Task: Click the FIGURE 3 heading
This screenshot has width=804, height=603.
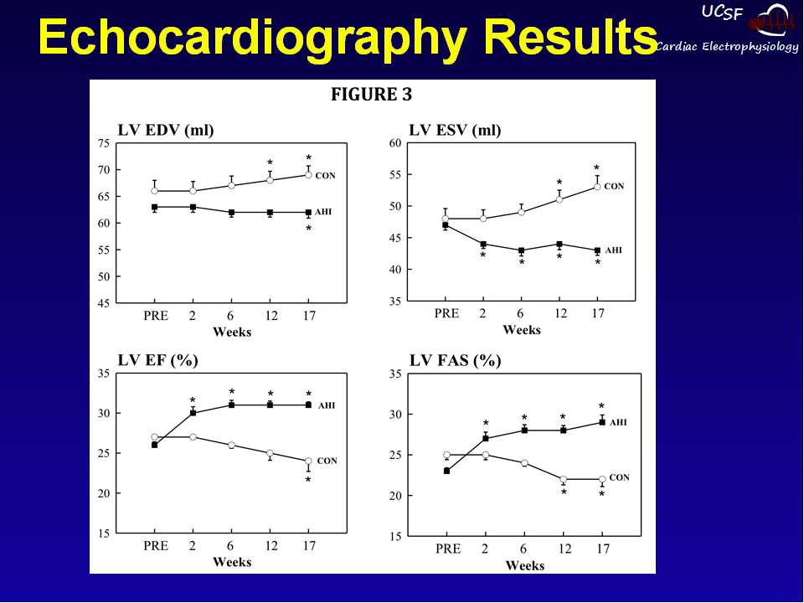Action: [x=371, y=95]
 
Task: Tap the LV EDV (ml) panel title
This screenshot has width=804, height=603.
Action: [x=166, y=130]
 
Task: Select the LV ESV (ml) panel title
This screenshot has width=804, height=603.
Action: [x=455, y=130]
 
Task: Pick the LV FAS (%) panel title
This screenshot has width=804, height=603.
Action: [x=455, y=361]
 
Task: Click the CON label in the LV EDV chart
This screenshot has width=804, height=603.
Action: [x=325, y=175]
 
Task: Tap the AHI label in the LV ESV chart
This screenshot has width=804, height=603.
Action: [x=614, y=250]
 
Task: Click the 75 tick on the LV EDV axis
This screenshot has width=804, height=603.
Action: [x=104, y=143]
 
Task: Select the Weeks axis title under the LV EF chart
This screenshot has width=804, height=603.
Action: [x=232, y=562]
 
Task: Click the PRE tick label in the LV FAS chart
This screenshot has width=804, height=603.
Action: [x=448, y=549]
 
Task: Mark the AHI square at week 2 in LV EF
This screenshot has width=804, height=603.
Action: [x=193, y=413]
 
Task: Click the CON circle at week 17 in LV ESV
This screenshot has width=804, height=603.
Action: [x=598, y=187]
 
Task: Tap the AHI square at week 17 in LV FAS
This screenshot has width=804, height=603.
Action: [x=601, y=422]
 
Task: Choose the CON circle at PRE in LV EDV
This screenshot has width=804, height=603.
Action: [x=155, y=191]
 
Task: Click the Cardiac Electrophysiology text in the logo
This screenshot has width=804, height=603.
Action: [x=727, y=47]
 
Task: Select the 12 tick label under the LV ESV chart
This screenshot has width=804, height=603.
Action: [x=561, y=314]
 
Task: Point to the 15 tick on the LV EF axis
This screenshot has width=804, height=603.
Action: [x=104, y=533]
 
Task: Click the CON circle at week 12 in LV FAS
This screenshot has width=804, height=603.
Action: [x=564, y=479]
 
